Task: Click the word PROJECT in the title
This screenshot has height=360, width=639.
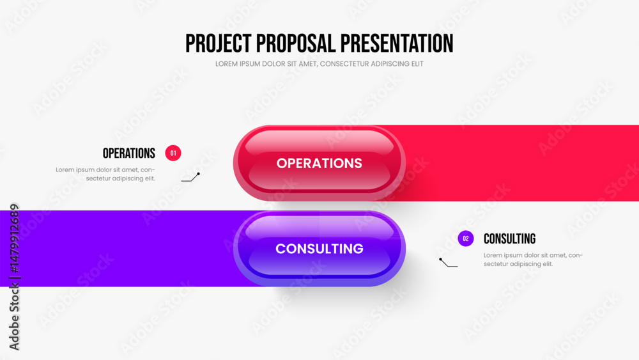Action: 219,43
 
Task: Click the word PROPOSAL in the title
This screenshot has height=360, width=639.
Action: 296,43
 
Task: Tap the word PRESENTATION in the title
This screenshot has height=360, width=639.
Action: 397,43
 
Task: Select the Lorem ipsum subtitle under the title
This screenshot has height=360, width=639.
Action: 319,64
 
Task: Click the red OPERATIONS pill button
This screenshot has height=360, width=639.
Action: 319,163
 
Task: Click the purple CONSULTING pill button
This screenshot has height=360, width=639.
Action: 319,249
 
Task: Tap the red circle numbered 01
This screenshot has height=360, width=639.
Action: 173,153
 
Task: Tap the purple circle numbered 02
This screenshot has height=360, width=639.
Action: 466,239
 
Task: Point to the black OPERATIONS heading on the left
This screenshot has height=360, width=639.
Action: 129,153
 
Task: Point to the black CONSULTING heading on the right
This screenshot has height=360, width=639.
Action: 509,239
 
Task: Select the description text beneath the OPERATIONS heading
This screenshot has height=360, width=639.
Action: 105,174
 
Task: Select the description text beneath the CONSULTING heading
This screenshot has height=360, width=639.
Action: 533,260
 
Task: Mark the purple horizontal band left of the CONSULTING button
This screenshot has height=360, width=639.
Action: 118,249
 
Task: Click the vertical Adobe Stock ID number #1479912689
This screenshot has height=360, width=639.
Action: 15,239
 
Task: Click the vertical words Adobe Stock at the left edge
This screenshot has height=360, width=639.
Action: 15,317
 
